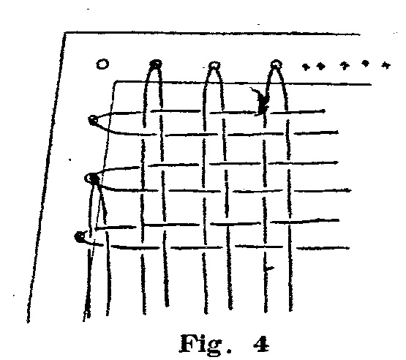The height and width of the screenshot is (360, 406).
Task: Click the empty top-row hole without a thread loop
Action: (x=102, y=64)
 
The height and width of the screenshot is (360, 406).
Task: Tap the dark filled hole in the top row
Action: (x=156, y=64)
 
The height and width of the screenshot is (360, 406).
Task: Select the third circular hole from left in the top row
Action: (x=214, y=65)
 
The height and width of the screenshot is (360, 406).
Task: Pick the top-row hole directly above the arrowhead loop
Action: (x=276, y=64)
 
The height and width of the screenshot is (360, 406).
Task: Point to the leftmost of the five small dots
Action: (x=306, y=67)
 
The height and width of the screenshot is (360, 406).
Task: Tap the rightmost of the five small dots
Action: (x=386, y=65)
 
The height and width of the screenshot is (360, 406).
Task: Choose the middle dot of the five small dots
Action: (x=344, y=66)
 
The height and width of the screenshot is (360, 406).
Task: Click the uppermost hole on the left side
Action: (x=93, y=121)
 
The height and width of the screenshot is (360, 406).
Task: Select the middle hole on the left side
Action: (x=92, y=179)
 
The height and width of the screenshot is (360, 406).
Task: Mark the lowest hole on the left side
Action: (x=80, y=237)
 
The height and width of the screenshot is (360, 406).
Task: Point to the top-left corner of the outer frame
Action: (x=64, y=32)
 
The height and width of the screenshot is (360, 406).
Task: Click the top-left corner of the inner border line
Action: (x=116, y=82)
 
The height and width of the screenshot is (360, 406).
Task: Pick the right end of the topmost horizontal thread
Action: (x=325, y=111)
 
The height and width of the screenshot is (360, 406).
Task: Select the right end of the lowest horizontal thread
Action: (x=349, y=248)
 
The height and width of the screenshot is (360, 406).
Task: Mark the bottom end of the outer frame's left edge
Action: (x=28, y=322)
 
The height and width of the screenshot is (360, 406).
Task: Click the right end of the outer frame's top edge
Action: (x=360, y=34)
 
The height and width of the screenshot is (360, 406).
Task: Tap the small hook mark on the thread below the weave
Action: (x=268, y=269)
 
